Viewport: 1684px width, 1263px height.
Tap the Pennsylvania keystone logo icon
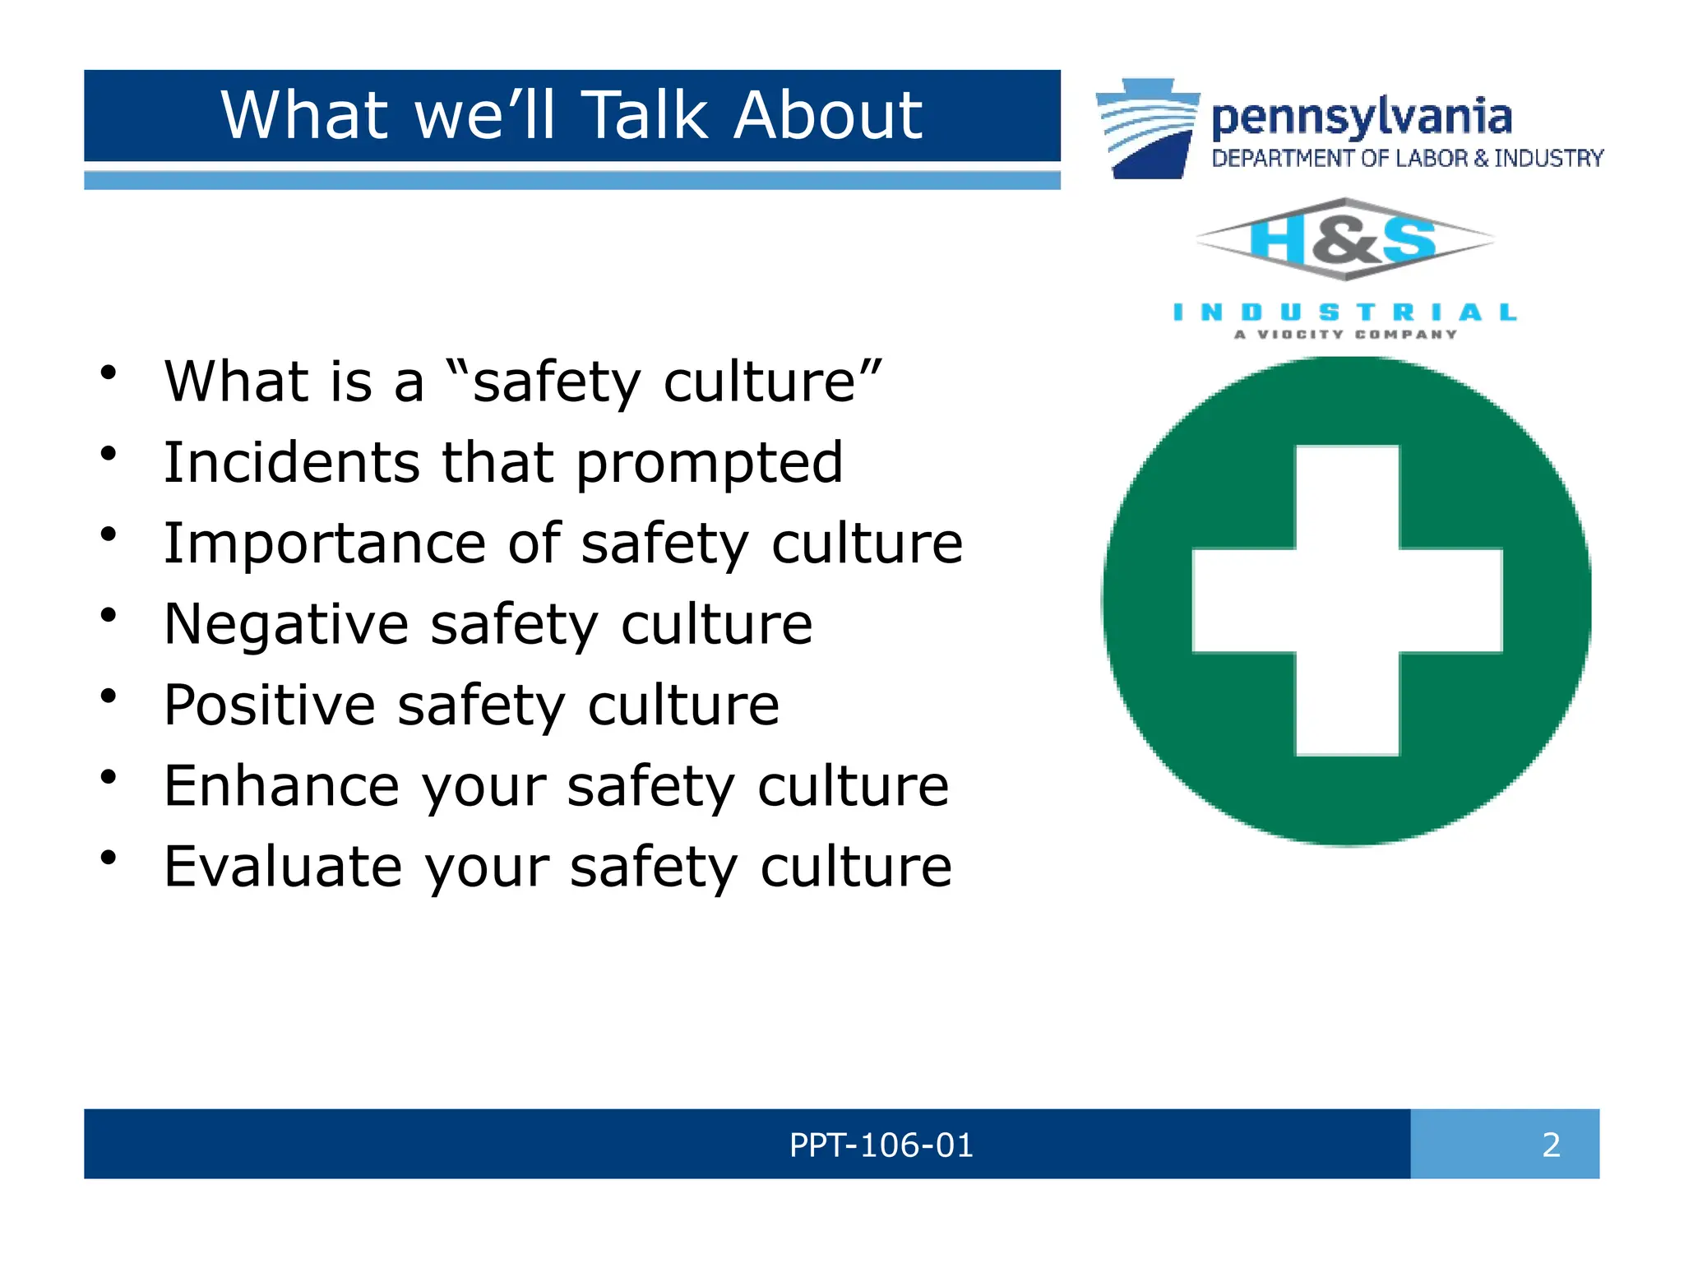(1147, 128)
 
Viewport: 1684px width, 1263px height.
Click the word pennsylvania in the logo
(1362, 117)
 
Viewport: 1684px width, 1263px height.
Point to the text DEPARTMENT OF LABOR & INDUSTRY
(1407, 158)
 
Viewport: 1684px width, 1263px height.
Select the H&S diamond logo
(1344, 240)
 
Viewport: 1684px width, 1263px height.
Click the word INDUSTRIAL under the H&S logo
(1344, 312)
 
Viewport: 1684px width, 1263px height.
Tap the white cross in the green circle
(1347, 600)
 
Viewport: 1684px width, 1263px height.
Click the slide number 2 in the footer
(1551, 1145)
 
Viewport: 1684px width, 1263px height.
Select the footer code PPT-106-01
(881, 1145)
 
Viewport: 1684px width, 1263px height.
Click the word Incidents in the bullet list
(292, 462)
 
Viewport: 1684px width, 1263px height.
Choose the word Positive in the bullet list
(269, 705)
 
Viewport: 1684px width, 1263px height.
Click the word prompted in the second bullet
(709, 464)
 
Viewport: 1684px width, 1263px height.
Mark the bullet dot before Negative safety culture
(109, 616)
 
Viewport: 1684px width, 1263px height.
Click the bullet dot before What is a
(109, 373)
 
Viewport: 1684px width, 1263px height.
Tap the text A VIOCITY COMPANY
(1345, 335)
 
